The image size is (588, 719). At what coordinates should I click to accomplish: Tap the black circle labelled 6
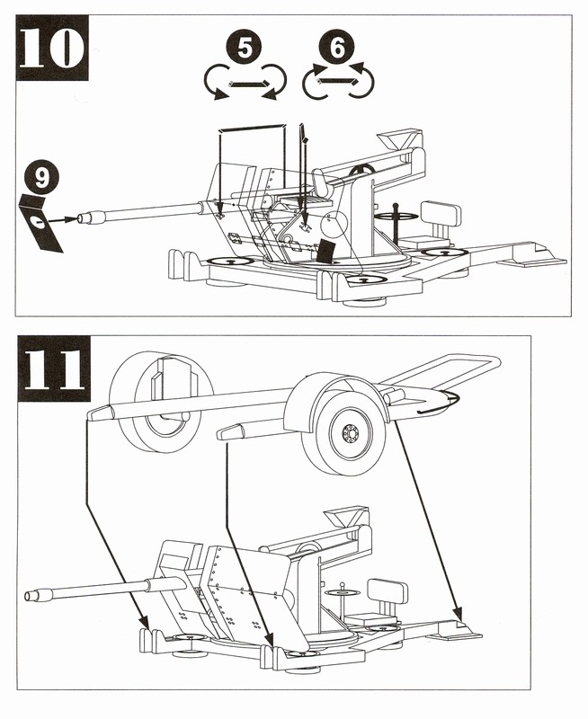coord(337,48)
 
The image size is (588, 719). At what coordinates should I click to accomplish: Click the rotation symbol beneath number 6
coord(337,83)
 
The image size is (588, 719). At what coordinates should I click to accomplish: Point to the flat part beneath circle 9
coord(39,222)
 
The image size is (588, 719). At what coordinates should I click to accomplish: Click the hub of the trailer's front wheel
coord(349,433)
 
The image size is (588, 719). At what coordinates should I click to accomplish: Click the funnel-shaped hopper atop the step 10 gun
coord(396,141)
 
